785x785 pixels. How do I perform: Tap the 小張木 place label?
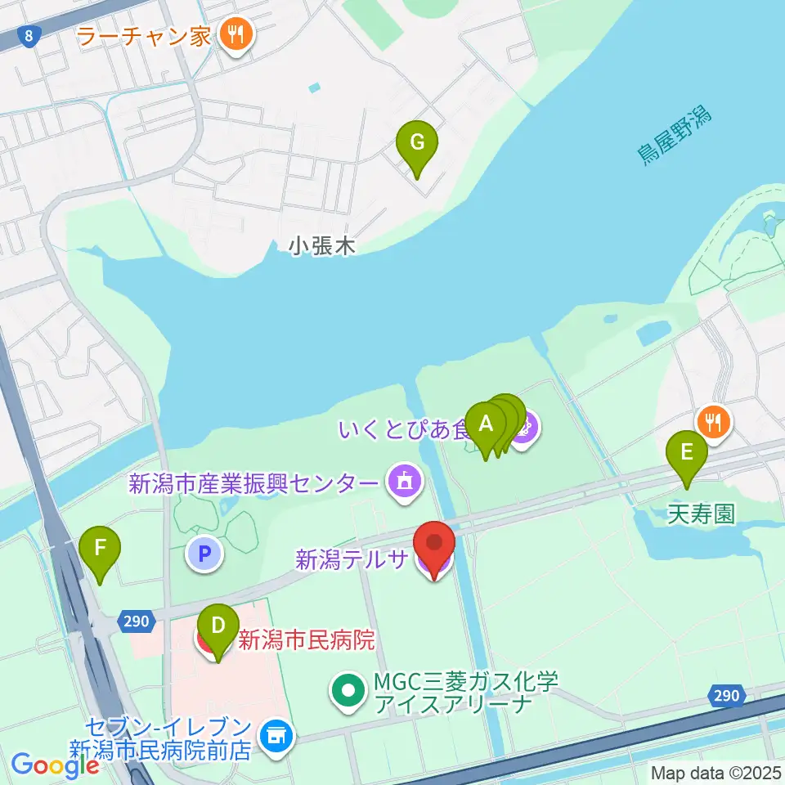(322, 246)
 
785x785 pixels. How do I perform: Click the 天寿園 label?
(701, 514)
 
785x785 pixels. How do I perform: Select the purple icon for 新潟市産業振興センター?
(403, 482)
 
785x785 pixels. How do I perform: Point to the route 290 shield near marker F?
(137, 621)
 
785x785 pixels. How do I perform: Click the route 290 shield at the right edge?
(725, 695)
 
